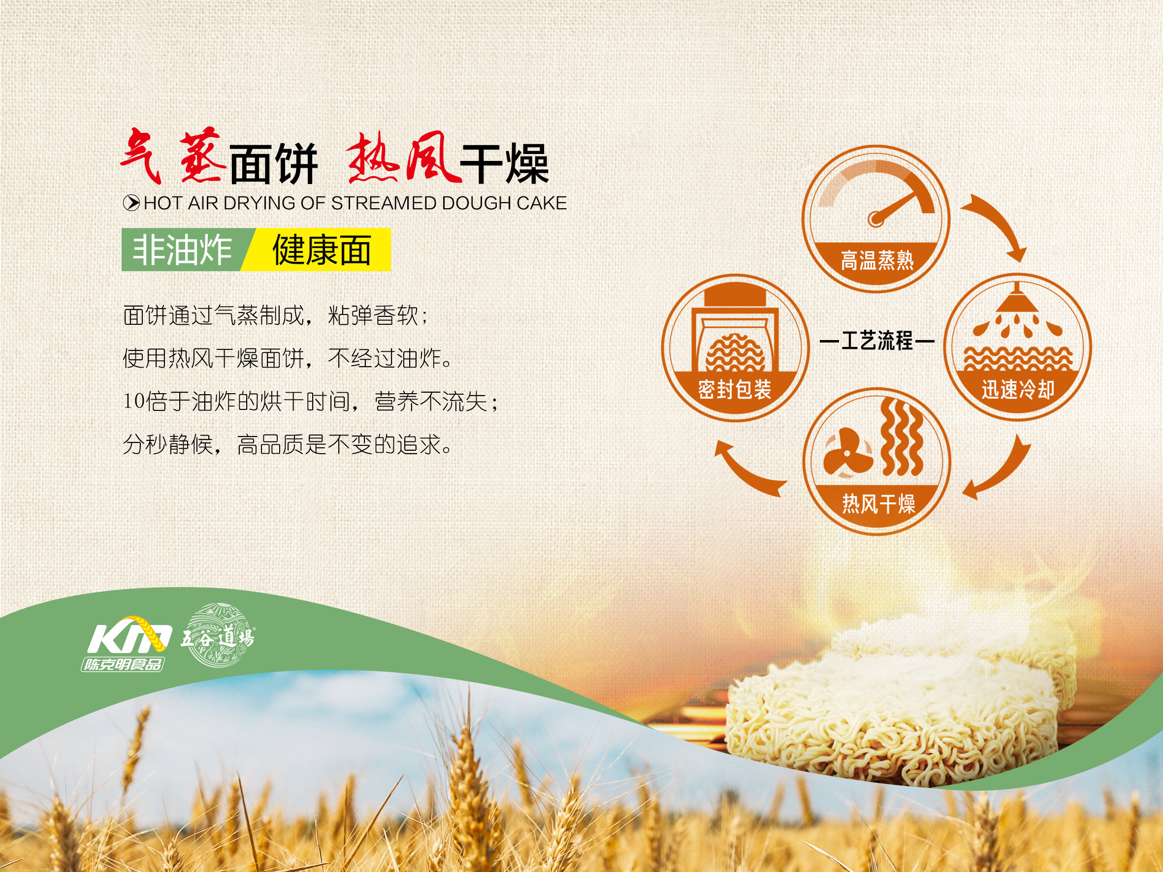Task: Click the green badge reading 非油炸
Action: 184,249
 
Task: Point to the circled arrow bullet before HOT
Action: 131,203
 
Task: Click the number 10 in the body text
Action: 133,401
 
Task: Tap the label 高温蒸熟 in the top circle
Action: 877,260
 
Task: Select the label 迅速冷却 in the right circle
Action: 1018,389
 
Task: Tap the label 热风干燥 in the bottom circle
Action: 878,503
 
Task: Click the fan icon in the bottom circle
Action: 847,452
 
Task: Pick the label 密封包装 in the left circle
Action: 735,389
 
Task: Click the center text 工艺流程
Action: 877,341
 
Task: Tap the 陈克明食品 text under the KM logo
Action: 123,664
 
